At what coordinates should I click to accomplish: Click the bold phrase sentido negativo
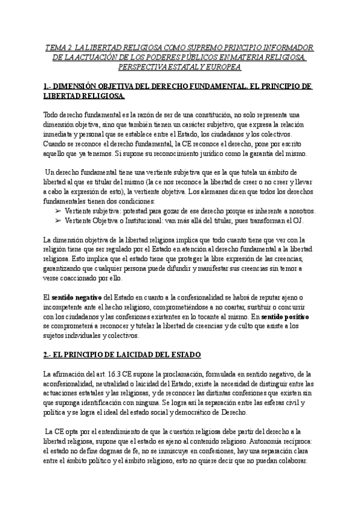77,298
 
